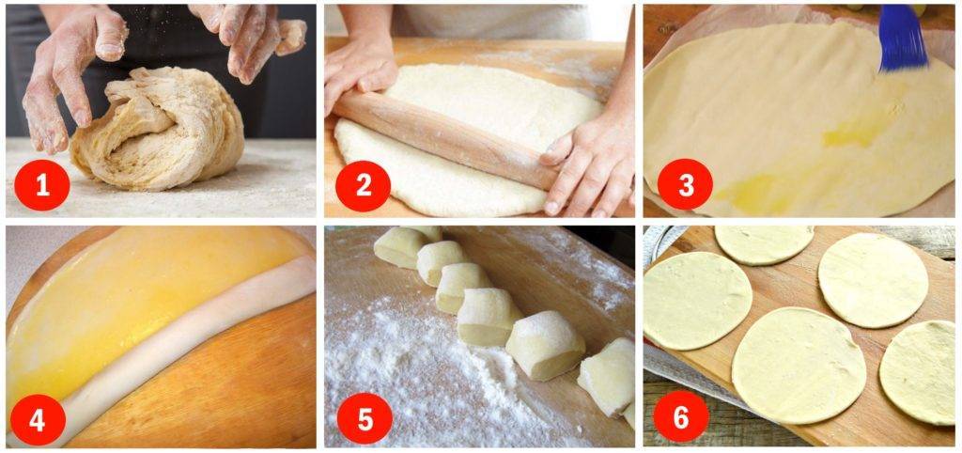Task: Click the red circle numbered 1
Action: pyautogui.click(x=41, y=185)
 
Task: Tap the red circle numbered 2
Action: pyautogui.click(x=364, y=185)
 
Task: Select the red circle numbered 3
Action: pyautogui.click(x=685, y=185)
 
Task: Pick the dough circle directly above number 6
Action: pyautogui.click(x=697, y=301)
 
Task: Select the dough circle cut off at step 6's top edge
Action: pyautogui.click(x=764, y=244)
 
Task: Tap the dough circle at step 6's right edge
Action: pyautogui.click(x=919, y=372)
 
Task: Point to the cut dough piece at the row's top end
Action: pyautogui.click(x=405, y=247)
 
